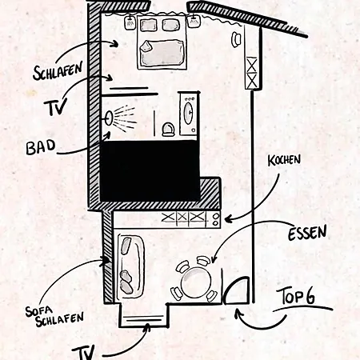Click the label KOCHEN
[x=284, y=161]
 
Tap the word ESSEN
[x=307, y=233]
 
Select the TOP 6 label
[x=296, y=296]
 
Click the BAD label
[x=41, y=147]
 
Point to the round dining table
[x=196, y=282]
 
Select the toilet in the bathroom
[x=168, y=129]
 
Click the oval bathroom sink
[x=189, y=113]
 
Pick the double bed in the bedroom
[x=162, y=42]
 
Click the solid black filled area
[x=150, y=170]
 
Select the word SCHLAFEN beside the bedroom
[x=58, y=70]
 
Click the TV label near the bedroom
[x=55, y=106]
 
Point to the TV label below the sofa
[x=83, y=353]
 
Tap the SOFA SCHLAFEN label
[x=54, y=316]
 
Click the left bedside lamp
[x=130, y=22]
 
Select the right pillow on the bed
[x=171, y=25]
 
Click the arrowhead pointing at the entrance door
[x=238, y=312]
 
